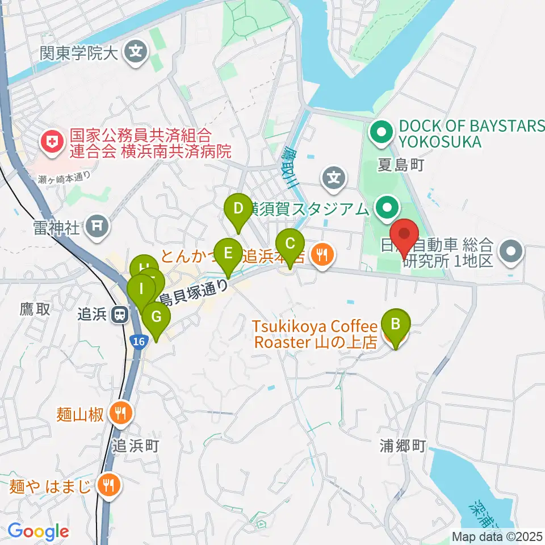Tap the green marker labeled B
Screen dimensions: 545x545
pyautogui.click(x=396, y=324)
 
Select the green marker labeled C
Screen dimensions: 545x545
pyautogui.click(x=290, y=245)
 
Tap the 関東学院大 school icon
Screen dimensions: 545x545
pyautogui.click(x=136, y=53)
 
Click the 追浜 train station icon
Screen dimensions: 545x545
pyautogui.click(x=120, y=314)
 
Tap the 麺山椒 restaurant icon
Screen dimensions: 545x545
pyautogui.click(x=120, y=413)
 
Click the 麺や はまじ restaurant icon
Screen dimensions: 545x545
pyautogui.click(x=107, y=485)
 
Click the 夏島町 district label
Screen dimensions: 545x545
pyautogui.click(x=401, y=165)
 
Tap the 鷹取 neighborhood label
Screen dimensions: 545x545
pyautogui.click(x=35, y=309)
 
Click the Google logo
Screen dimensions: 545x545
pyautogui.click(x=39, y=532)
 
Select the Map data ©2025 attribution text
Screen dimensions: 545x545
pyautogui.click(x=497, y=536)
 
